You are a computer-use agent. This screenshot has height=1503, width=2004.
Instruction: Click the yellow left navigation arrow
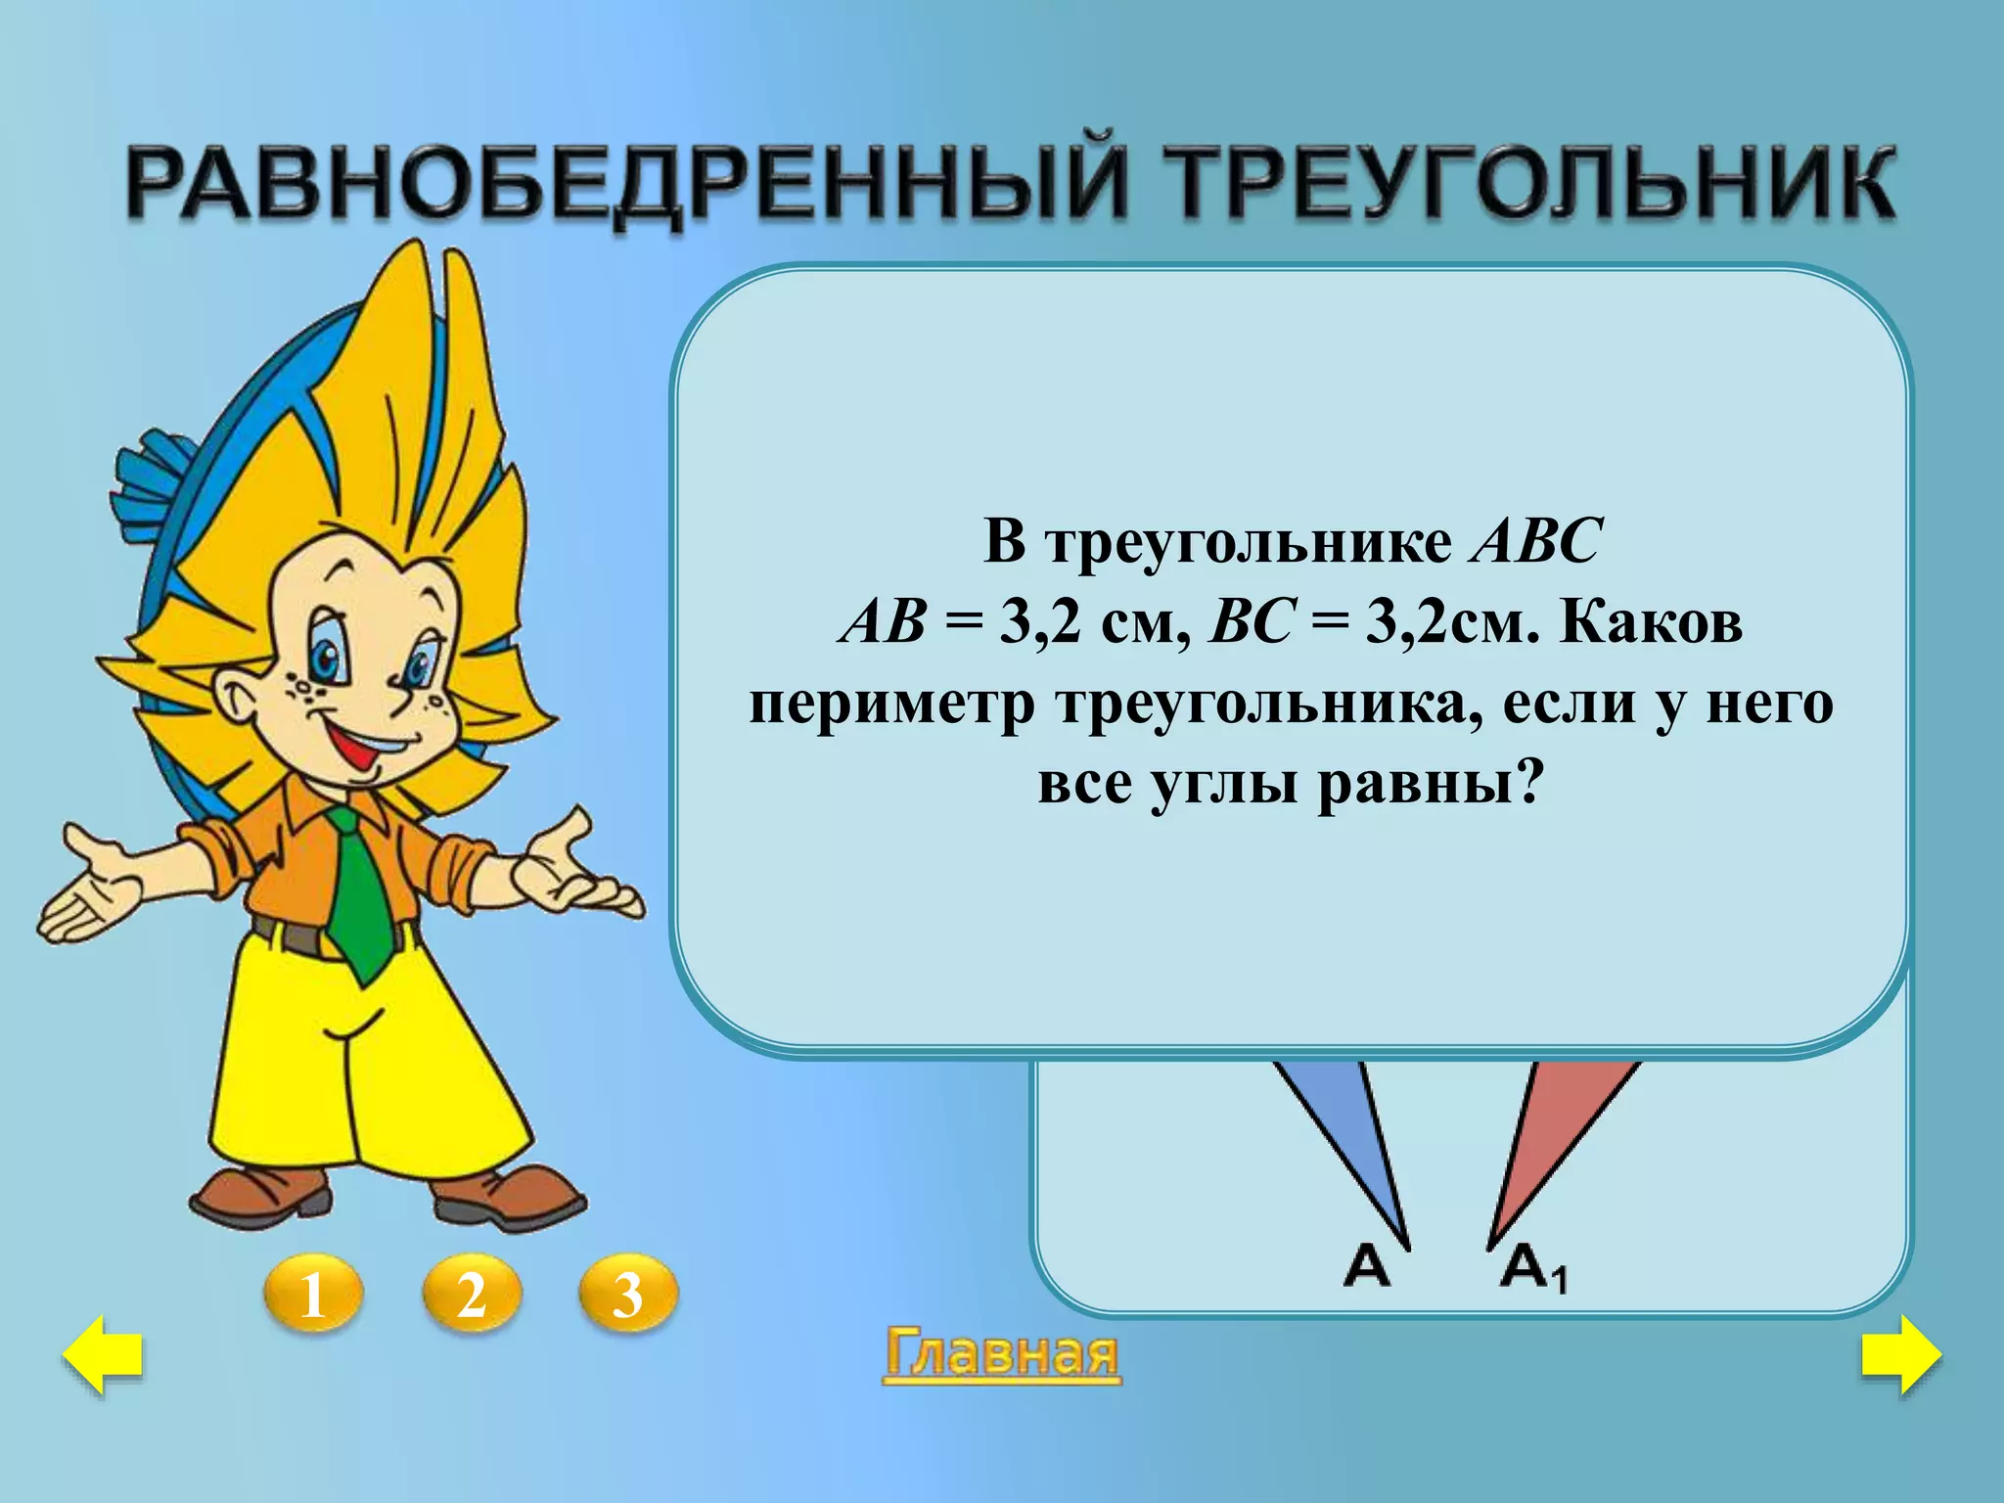click(103, 1355)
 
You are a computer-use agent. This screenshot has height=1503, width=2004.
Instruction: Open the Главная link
click(1002, 1355)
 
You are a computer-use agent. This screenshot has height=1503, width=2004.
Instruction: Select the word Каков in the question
click(1651, 622)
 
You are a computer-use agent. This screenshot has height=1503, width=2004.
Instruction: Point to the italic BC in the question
click(1252, 623)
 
